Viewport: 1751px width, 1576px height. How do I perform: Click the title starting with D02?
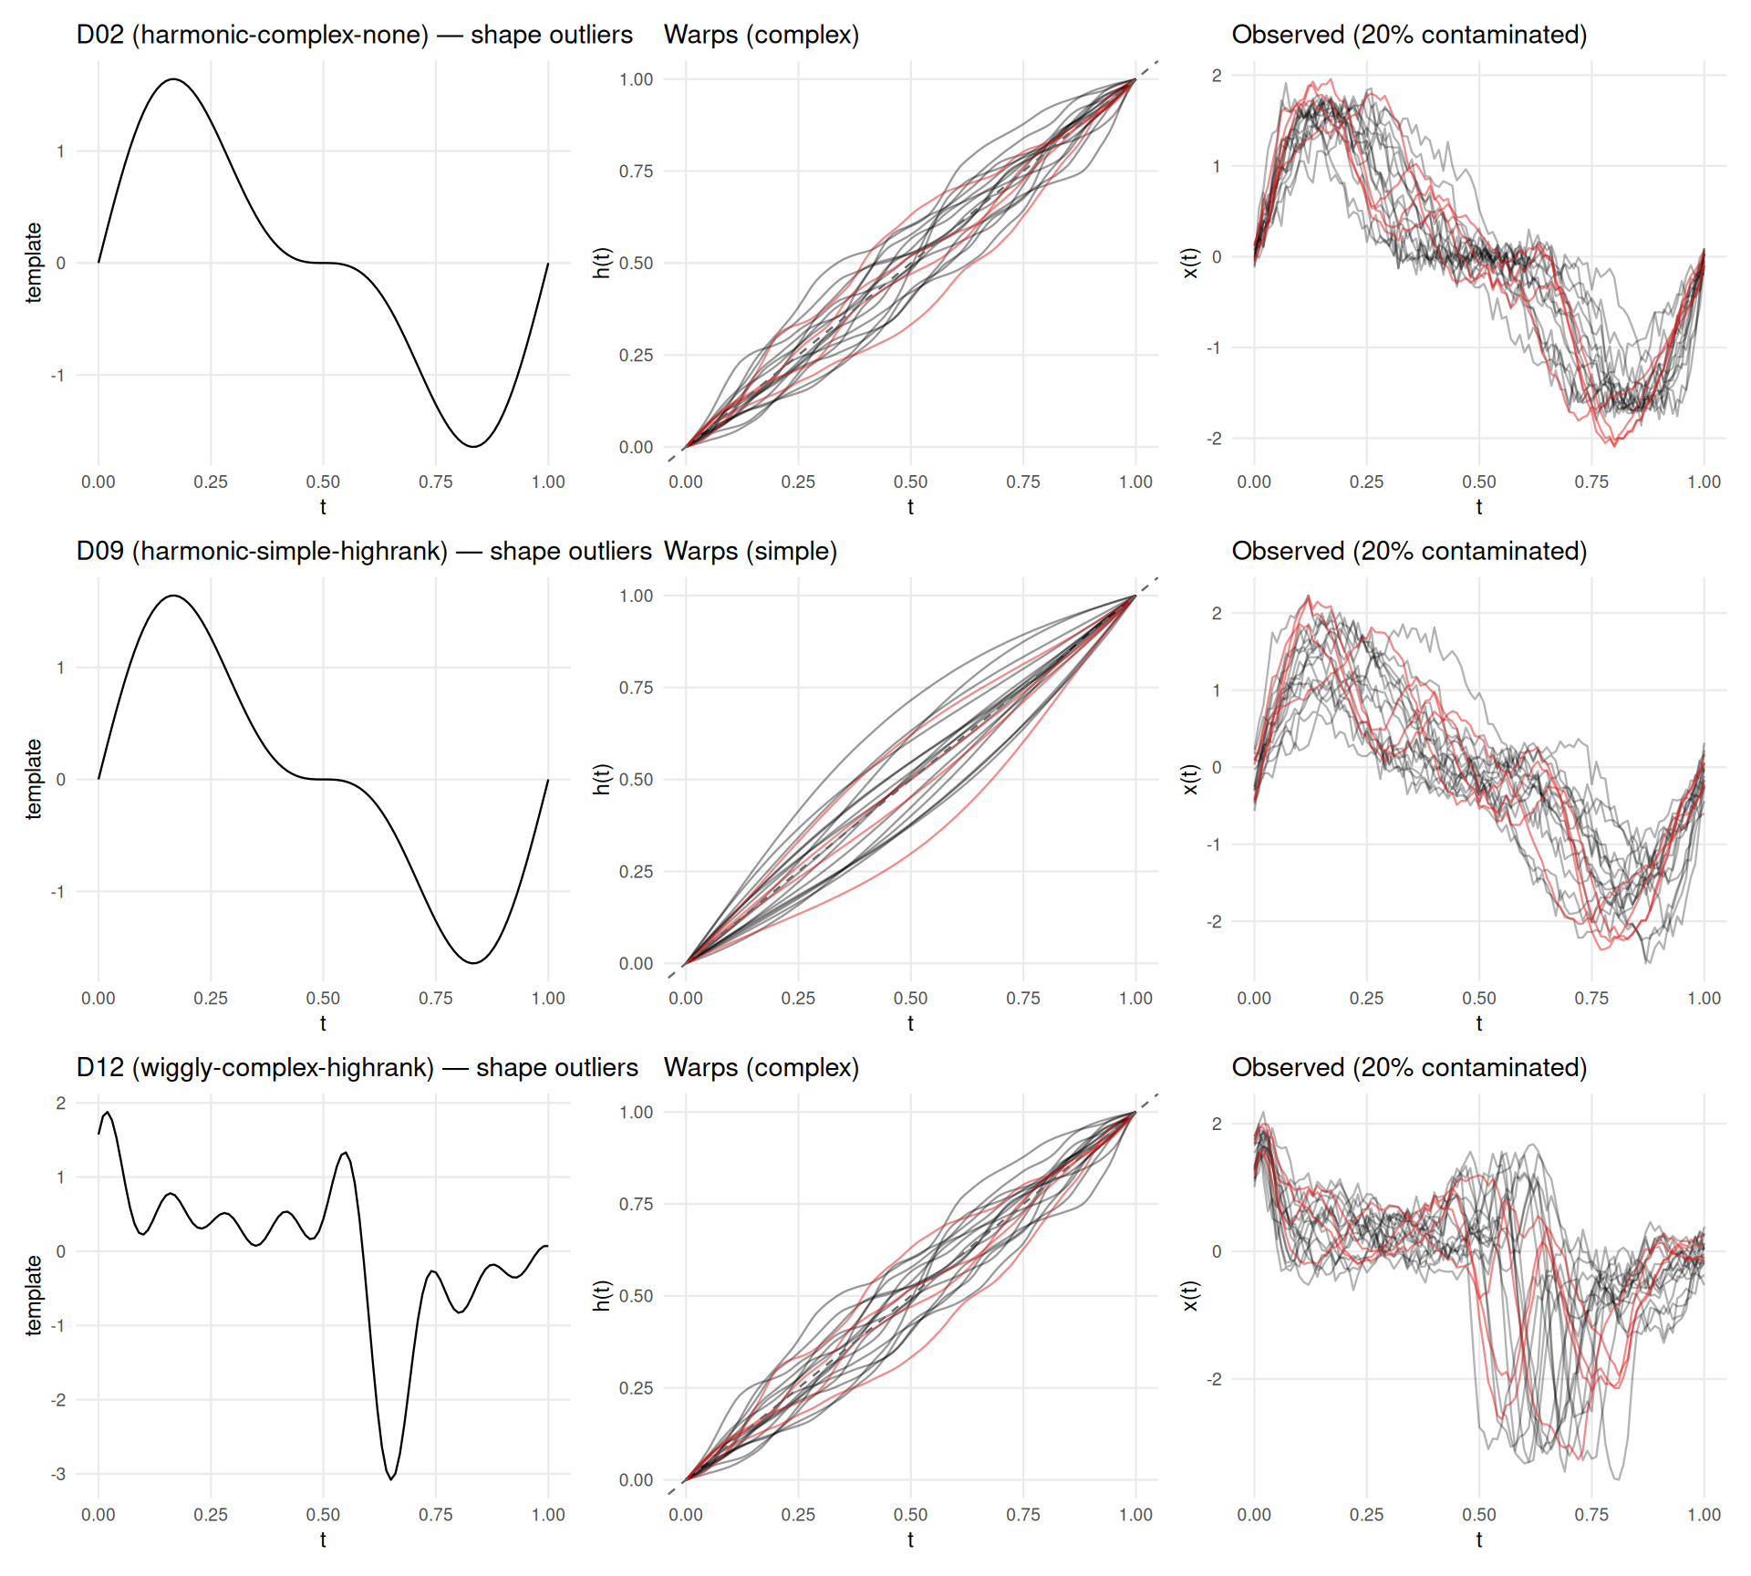coord(354,35)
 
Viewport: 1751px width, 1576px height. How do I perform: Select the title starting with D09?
coord(363,551)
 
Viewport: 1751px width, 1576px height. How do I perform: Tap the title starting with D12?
coord(357,1067)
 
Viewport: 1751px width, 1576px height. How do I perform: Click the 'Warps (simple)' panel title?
coord(750,551)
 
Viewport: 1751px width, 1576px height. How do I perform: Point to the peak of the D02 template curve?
coord(173,79)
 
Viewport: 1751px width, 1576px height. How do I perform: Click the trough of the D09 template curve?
coord(473,962)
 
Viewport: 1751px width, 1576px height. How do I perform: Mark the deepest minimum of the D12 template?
coord(391,1478)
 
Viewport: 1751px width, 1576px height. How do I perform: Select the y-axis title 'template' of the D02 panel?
coord(34,263)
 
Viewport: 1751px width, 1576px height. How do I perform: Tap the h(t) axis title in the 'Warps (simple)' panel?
coord(601,779)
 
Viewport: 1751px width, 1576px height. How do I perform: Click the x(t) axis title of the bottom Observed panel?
coord(1190,1296)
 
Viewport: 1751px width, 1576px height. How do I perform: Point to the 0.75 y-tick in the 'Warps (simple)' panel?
coord(636,688)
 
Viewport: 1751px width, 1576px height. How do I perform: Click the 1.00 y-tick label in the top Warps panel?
coord(636,79)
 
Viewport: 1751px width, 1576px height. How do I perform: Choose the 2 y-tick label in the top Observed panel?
coord(1217,76)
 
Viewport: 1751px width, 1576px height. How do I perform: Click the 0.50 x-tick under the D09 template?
coord(323,998)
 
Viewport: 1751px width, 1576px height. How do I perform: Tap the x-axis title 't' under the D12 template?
coord(323,1540)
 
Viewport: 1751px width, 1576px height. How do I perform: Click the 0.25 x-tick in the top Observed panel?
coord(1366,482)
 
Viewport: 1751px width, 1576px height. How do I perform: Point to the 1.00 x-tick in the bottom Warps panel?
coord(1135,1514)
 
